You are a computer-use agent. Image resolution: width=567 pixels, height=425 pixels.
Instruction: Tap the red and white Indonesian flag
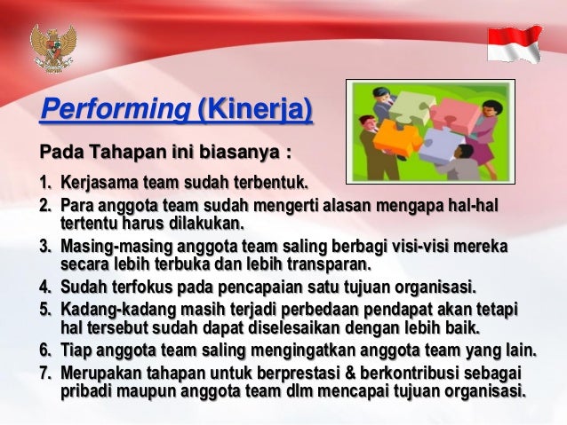click(515, 43)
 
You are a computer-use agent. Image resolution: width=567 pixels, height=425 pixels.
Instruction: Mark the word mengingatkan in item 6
click(315, 349)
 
